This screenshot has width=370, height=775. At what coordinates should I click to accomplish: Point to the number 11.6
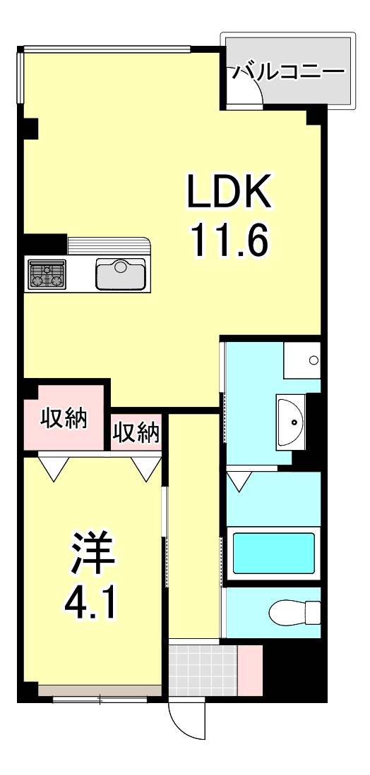point(228,242)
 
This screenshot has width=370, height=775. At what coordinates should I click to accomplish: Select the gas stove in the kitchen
point(47,274)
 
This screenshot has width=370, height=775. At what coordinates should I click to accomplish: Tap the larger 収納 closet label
point(63,419)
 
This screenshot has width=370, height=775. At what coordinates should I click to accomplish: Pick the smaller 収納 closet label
point(136,432)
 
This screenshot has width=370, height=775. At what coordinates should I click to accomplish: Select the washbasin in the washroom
point(290,422)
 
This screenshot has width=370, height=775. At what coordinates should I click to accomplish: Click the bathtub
point(274,552)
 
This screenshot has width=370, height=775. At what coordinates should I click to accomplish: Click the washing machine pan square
point(302,360)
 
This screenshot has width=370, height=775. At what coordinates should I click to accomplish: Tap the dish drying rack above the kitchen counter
point(109,245)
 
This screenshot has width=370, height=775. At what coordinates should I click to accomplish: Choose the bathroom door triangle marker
point(239,482)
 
